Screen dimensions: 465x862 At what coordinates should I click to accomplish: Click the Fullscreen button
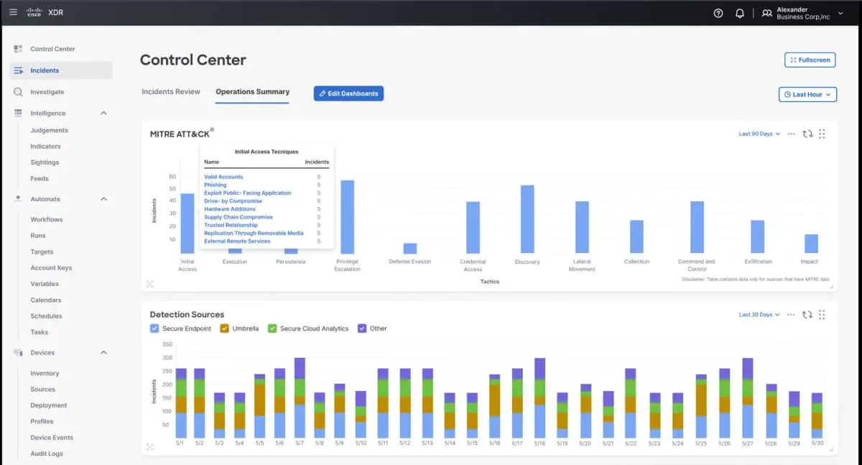tap(810, 60)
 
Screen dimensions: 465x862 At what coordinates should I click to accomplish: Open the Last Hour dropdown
tap(808, 94)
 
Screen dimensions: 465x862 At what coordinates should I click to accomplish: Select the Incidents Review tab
tap(170, 92)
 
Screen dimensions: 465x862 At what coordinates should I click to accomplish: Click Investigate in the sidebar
tap(47, 92)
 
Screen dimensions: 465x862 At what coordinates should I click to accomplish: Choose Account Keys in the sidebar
tap(51, 268)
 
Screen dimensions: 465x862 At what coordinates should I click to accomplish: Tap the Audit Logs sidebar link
tap(47, 454)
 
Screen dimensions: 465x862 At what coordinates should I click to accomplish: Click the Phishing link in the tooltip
tap(215, 185)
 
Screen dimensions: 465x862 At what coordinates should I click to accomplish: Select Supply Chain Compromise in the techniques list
tap(238, 217)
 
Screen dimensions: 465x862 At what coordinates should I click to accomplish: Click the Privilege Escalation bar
tap(347, 216)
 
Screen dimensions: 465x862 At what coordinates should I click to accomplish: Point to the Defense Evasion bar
tap(410, 248)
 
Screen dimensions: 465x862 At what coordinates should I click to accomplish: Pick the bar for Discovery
tap(527, 219)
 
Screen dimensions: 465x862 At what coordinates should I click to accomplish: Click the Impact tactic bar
tap(811, 244)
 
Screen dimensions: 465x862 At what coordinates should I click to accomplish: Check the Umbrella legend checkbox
tap(225, 328)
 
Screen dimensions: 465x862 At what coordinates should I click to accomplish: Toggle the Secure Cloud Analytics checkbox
tap(272, 328)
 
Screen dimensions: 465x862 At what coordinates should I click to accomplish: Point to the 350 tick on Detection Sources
tap(167, 344)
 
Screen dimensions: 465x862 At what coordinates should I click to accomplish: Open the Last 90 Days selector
tap(759, 134)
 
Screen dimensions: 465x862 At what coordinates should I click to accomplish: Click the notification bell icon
tap(739, 13)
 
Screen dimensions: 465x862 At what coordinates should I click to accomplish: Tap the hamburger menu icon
tap(13, 12)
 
